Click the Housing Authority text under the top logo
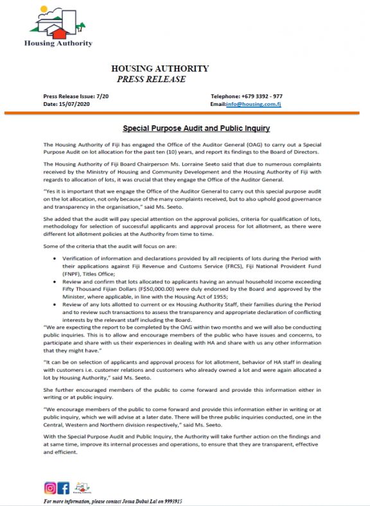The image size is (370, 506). pyautogui.click(x=58, y=44)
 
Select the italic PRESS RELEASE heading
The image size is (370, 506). pyautogui.click(x=151, y=80)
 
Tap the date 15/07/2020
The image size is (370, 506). pyautogui.click(x=69, y=103)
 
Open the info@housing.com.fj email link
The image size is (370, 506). pyautogui.click(x=257, y=103)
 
